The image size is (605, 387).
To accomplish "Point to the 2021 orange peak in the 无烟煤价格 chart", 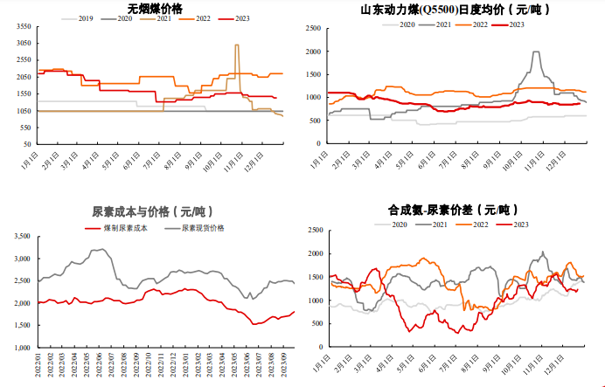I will (x=237, y=45).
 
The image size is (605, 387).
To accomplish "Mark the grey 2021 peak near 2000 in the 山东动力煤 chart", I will (x=535, y=52).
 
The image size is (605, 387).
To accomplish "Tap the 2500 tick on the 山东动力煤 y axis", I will (x=312, y=28).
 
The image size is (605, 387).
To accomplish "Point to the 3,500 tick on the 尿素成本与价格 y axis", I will (x=21, y=236).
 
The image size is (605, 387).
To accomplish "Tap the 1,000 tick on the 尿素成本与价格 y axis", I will (x=21, y=348).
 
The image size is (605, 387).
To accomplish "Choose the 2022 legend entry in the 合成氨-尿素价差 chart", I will (x=480, y=225).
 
